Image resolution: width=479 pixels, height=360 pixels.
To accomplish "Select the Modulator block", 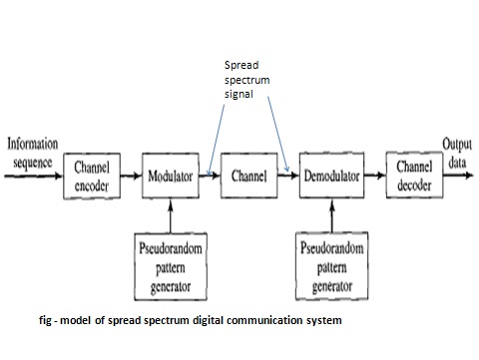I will tap(172, 176).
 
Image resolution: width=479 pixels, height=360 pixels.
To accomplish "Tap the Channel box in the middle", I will tap(247, 176).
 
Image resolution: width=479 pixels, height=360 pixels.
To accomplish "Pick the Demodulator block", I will tap(330, 176).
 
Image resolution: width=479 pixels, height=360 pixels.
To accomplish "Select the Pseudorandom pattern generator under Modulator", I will tap(172, 264).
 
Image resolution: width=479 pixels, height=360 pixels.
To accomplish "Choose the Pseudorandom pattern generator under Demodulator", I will tap(330, 264).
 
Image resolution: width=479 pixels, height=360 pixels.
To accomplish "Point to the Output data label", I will tap(459, 150).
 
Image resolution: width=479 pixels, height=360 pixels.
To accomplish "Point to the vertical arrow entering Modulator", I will tap(172, 214).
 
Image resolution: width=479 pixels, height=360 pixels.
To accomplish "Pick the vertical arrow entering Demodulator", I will tap(330, 214).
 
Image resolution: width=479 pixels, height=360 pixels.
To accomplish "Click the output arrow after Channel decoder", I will tap(456, 176).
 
